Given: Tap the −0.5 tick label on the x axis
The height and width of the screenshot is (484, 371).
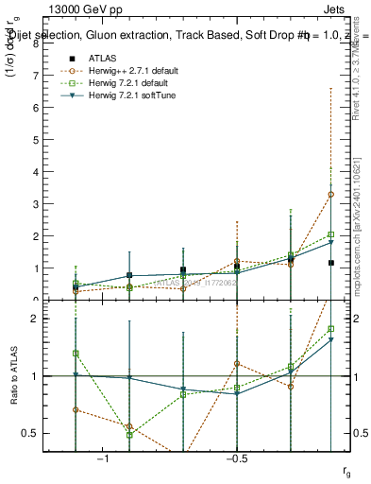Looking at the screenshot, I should (235, 460).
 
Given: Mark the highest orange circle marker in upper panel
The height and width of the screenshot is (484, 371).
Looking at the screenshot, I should (330, 194).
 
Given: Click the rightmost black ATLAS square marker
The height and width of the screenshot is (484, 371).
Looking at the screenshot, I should (330, 263).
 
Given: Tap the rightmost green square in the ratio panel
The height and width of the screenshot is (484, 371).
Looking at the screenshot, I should (330, 329).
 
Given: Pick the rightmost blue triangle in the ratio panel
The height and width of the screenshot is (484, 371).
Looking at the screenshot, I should (330, 340).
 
